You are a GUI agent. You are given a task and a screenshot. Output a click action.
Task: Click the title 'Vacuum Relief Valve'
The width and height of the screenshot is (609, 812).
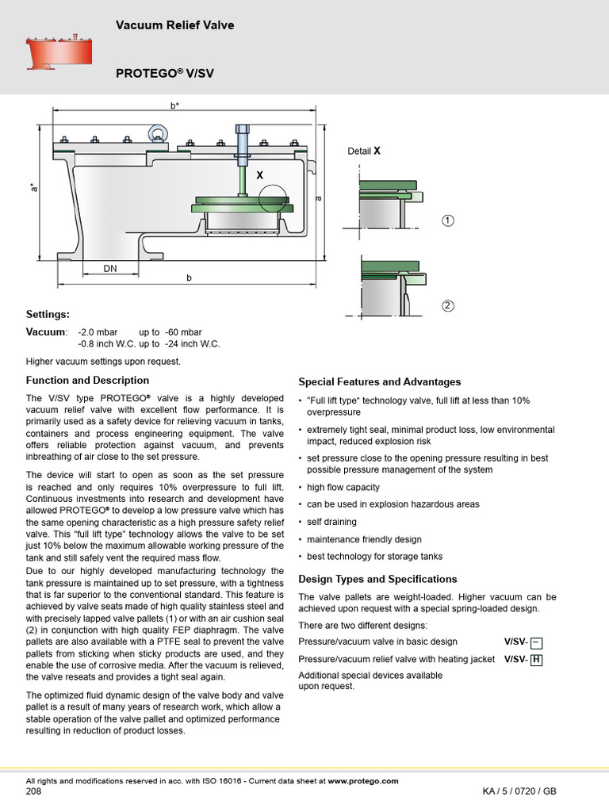point(174,25)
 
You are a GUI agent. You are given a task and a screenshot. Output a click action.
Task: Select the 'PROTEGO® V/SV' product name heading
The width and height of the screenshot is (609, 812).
point(165,73)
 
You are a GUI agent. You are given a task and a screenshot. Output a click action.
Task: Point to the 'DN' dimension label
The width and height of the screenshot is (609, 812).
point(109,269)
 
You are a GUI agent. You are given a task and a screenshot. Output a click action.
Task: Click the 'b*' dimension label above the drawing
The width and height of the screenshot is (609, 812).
point(174,105)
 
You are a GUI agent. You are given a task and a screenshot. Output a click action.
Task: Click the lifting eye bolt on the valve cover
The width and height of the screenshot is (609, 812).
point(155,131)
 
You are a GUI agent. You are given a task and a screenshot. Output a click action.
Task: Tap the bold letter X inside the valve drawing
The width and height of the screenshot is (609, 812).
point(259,174)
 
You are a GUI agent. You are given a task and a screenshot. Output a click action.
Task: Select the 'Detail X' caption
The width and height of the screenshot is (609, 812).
point(364,151)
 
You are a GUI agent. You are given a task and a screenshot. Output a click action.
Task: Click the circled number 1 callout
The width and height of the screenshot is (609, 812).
point(448,220)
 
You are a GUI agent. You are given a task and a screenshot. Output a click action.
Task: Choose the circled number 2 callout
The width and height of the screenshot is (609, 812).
point(448,306)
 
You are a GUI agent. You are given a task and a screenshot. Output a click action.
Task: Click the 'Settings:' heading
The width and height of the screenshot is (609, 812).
point(48,314)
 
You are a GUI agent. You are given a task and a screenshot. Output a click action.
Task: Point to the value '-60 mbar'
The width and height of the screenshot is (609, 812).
point(183,331)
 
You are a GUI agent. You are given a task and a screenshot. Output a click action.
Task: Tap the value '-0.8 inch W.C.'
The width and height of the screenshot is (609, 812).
point(106,344)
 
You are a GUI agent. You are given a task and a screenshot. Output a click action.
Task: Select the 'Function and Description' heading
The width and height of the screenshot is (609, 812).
point(87,380)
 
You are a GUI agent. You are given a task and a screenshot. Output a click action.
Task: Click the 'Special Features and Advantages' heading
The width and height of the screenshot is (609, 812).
point(379,381)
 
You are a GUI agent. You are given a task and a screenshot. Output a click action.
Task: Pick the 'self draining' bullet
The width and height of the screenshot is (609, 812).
point(331,522)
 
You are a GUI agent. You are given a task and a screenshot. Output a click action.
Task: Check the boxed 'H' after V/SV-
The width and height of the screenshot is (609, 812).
point(536,659)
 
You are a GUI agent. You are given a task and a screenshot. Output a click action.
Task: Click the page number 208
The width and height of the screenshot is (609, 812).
point(34,791)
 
